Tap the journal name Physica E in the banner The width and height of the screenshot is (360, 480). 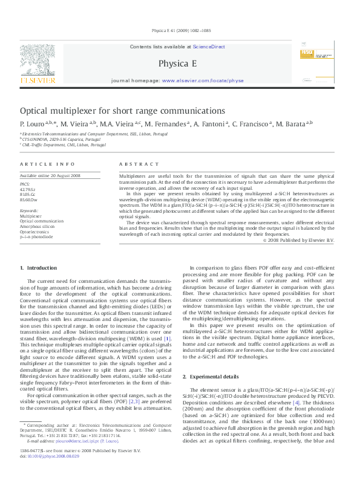(175, 63)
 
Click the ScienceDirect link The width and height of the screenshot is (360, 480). (209, 47)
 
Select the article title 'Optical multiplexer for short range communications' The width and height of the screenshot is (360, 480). (123, 111)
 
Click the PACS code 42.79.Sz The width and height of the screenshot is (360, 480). (28, 189)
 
